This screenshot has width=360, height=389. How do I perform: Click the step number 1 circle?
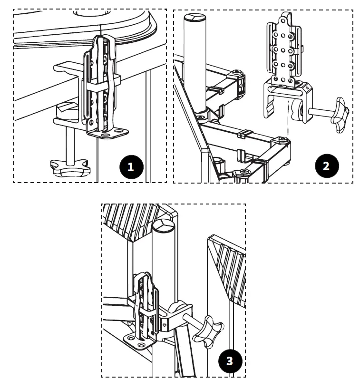[131, 166]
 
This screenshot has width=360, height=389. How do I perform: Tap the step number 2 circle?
[326, 166]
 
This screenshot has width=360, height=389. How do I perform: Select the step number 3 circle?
[230, 361]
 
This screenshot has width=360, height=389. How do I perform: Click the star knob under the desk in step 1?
[69, 167]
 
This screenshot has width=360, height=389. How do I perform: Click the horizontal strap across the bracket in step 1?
[102, 88]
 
